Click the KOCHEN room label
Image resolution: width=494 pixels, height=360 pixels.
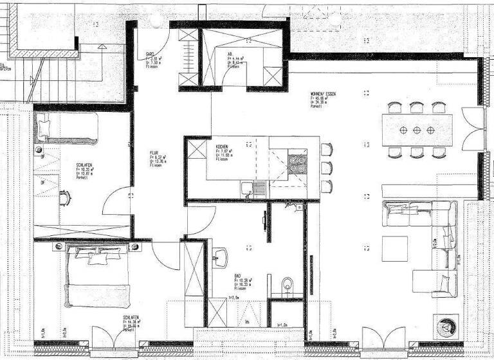[x=223, y=147]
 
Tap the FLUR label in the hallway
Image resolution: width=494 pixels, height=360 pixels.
[x=155, y=153]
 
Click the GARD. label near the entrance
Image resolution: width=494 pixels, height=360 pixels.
[x=151, y=54]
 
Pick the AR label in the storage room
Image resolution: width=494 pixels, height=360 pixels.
[x=230, y=57]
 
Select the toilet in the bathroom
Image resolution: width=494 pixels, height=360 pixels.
[x=288, y=283]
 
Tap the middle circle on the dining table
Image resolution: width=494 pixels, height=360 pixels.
[x=417, y=130]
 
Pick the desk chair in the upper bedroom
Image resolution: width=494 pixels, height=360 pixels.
[x=64, y=197]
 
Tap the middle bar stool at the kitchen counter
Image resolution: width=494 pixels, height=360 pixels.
[x=326, y=168]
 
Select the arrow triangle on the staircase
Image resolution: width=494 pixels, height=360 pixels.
[x=102, y=46]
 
